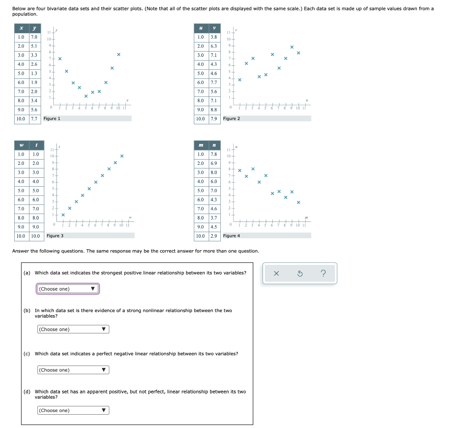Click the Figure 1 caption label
point(52,119)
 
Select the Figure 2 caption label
point(231,119)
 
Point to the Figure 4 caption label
point(231,236)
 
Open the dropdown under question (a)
point(68,289)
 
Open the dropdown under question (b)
point(73,329)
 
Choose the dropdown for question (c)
point(73,370)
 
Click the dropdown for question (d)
point(73,410)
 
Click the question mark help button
point(323,274)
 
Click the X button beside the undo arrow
point(276,274)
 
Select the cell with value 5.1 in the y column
point(34,46)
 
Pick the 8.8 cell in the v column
point(213,110)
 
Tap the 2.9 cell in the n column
point(213,236)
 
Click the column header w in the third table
point(21,145)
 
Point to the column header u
point(201,28)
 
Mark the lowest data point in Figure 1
point(86,96)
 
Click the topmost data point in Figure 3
point(122,156)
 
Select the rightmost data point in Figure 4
point(299,203)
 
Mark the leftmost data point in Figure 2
point(239,80)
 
